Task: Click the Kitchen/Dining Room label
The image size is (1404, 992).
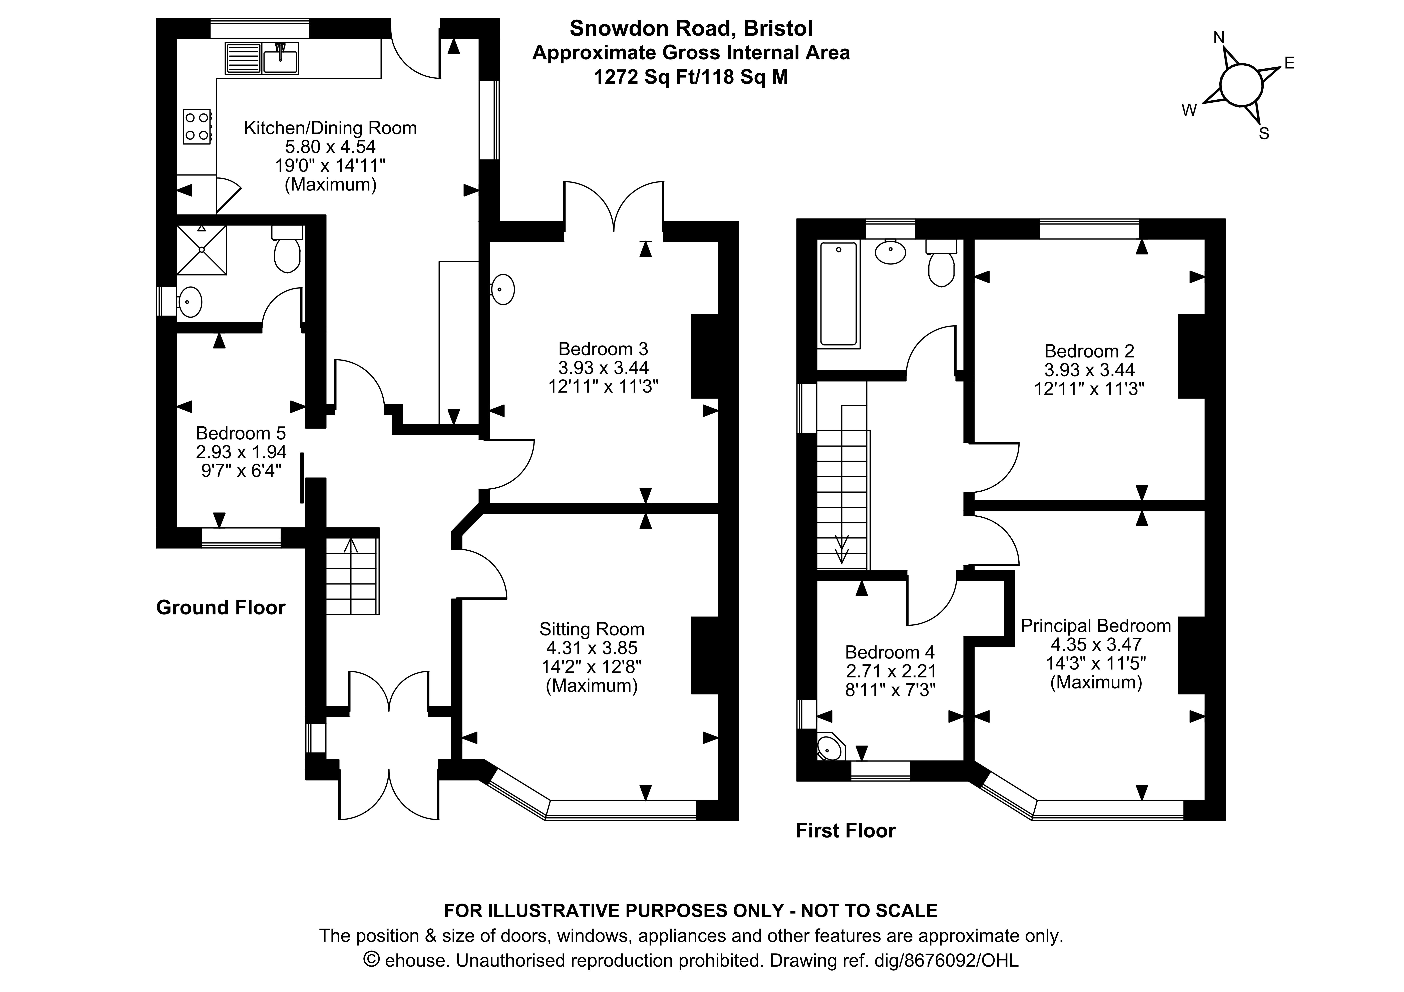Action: coord(330,128)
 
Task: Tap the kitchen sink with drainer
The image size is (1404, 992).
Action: coord(262,58)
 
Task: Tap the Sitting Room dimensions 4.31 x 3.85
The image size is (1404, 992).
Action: coord(591,647)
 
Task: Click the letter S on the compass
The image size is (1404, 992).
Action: coord(1264,134)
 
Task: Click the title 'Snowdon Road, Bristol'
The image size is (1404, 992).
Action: coord(691,28)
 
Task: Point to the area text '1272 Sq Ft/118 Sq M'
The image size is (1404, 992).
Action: coord(691,77)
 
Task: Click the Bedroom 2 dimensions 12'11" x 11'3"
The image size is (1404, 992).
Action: coord(1089,389)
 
